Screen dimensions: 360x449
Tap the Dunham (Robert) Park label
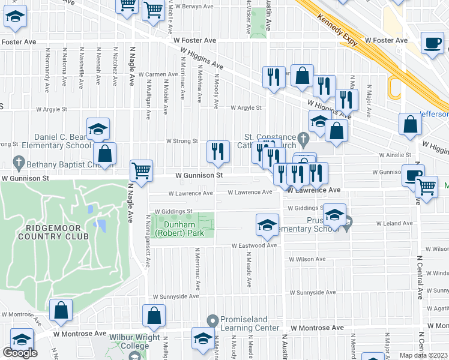[x=180, y=229]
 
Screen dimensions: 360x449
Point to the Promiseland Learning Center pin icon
[x=211, y=319]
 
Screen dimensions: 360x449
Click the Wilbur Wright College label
[x=129, y=341]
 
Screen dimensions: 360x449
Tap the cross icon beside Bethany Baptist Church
[x=19, y=162]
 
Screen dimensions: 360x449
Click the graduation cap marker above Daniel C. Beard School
[x=98, y=128]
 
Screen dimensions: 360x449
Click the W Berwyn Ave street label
[x=191, y=7]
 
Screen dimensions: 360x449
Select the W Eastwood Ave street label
[x=255, y=245]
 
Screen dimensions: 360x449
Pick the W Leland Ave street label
[x=395, y=223]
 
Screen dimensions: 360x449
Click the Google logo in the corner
[x=20, y=352]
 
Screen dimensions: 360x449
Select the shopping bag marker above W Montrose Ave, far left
[x=61, y=310]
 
